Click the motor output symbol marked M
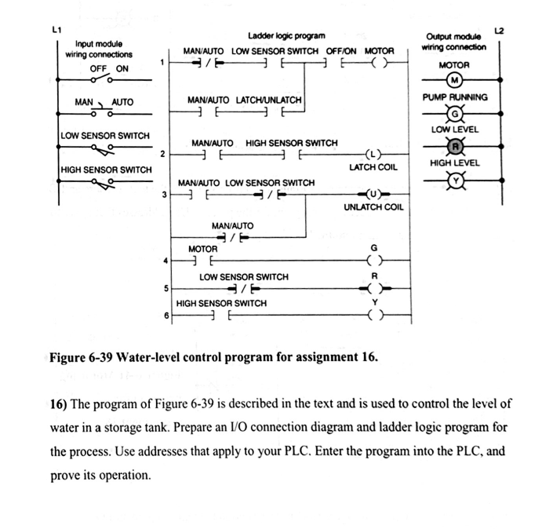454,81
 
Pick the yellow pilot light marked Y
454,179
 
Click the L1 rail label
56,30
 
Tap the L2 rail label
499,31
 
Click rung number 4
165,260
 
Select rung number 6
166,316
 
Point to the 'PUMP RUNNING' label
455,97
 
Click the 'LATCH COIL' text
373,167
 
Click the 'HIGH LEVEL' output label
455,162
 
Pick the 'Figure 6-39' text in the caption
81,358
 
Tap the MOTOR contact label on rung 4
202,249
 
